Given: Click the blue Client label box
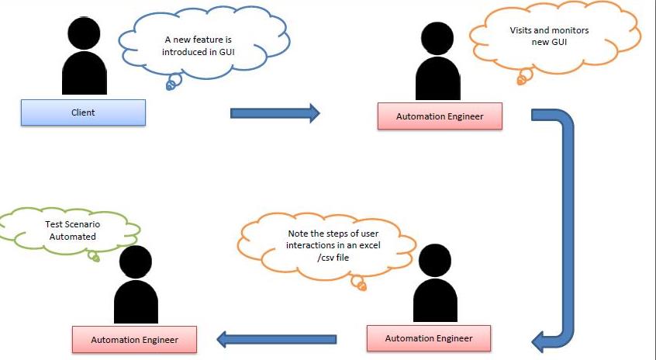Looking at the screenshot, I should tap(83, 112).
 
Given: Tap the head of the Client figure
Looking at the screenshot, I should tap(83, 33).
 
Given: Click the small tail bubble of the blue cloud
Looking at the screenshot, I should tap(170, 85).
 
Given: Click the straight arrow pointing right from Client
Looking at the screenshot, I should tap(275, 113).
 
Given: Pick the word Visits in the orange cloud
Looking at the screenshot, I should tap(523, 30).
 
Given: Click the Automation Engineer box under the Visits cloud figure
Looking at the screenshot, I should tap(440, 116).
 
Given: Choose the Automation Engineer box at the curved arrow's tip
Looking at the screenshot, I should tap(429, 338).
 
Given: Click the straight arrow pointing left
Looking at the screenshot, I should tap(276, 339).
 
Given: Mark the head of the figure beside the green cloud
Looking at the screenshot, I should tap(136, 265).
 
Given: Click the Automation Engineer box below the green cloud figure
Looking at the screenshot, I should tap(134, 340).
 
